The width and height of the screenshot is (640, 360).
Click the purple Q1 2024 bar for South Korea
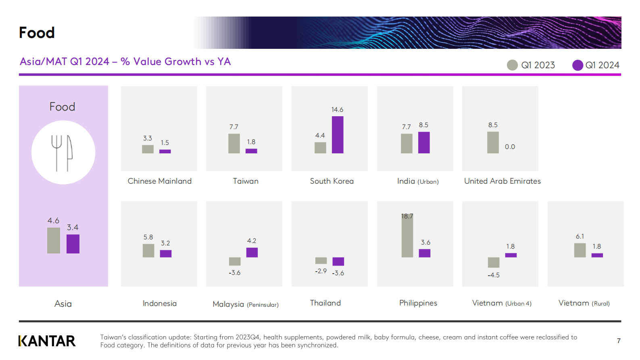coord(338,135)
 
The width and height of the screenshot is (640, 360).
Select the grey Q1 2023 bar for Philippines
coord(407,236)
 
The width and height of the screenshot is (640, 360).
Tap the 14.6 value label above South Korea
coord(337,109)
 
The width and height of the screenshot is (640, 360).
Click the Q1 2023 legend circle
coord(512,65)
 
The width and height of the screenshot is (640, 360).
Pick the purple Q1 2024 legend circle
coord(577,65)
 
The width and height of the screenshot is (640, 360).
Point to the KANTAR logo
coord(47,341)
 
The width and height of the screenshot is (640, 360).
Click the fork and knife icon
coord(62,153)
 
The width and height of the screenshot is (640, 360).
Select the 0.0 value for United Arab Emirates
coord(510,147)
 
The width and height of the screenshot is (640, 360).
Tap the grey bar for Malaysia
coord(235,262)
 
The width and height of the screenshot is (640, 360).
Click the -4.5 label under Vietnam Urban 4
coord(494,275)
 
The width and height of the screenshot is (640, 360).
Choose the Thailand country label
coord(325,303)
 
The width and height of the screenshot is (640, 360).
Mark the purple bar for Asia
coord(73,244)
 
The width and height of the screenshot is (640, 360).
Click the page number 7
coord(619,341)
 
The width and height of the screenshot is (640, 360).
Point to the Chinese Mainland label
coord(159,181)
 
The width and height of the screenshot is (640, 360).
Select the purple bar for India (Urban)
coord(424,143)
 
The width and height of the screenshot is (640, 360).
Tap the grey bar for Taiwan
coord(234,144)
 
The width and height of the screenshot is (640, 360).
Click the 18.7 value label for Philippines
coord(407,216)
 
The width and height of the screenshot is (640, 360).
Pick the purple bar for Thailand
coord(338,262)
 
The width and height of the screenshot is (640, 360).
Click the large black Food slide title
coord(37,32)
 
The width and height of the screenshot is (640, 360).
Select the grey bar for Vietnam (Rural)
coord(580,250)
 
